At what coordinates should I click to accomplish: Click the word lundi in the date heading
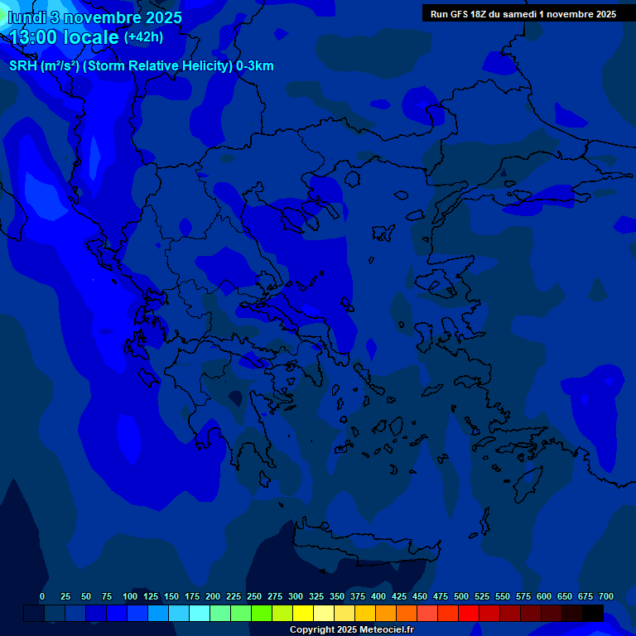[x=26, y=17]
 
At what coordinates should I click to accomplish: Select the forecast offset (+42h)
[x=144, y=37]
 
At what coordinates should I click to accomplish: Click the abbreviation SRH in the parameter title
[x=24, y=66]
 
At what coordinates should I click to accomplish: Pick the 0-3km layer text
[x=255, y=66]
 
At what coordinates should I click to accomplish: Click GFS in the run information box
[x=460, y=14]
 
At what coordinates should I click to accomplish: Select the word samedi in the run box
[x=520, y=14]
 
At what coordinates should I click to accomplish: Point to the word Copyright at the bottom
[x=311, y=630]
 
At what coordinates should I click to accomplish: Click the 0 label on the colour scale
[x=42, y=597]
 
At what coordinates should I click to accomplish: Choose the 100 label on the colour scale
[x=130, y=597]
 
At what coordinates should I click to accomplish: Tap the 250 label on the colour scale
[x=254, y=597]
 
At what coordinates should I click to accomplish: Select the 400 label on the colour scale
[x=378, y=597]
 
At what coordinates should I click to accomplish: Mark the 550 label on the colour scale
[x=503, y=597]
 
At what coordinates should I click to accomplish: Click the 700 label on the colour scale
[x=606, y=597]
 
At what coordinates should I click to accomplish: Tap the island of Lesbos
[x=439, y=286]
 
